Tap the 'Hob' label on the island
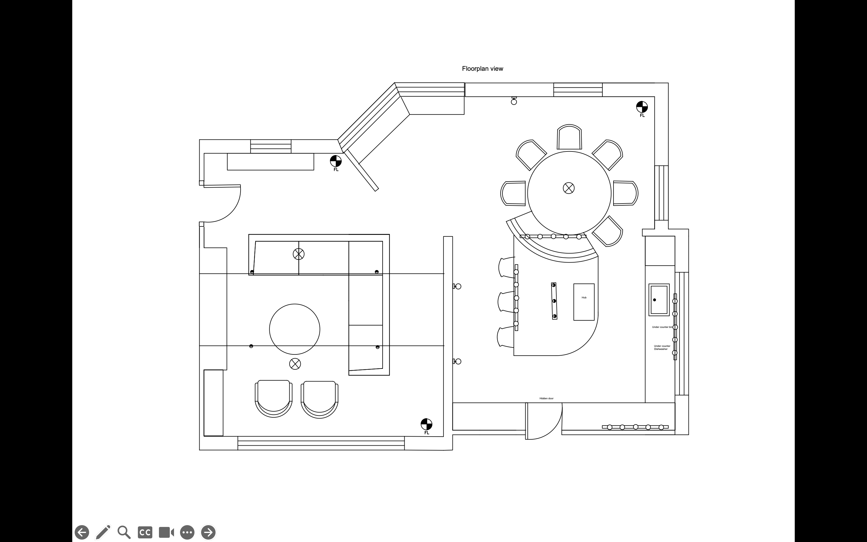[x=584, y=297]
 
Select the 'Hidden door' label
[x=546, y=399]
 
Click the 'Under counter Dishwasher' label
[x=662, y=347]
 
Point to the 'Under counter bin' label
[x=662, y=327]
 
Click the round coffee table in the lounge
[x=294, y=329]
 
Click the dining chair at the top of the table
[x=569, y=137]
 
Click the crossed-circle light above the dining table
[x=569, y=188]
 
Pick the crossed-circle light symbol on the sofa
[x=298, y=254]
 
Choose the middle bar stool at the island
[x=506, y=302]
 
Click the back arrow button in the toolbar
[x=82, y=532]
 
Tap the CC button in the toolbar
[x=145, y=532]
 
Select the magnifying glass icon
[x=124, y=532]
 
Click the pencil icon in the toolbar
[x=103, y=532]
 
